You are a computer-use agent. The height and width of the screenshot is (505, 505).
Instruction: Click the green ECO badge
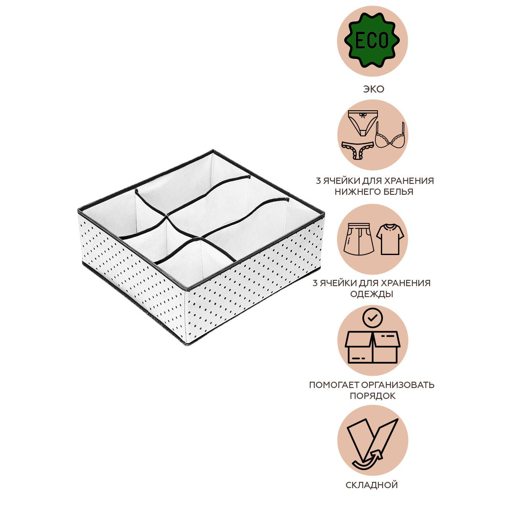pos(372,40)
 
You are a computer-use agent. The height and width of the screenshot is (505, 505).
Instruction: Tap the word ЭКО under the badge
pos(373,89)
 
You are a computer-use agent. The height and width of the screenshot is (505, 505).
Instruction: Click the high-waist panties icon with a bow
pos(362,122)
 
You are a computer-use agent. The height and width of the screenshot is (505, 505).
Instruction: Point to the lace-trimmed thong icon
pos(358,151)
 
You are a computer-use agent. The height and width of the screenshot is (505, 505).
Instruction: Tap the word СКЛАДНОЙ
pos(372,485)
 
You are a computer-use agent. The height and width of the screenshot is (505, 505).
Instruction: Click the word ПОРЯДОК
pos(373,396)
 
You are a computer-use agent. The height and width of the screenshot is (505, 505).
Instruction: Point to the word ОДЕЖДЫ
pos(372,294)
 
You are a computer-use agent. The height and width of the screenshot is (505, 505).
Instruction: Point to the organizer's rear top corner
pos(213,151)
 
